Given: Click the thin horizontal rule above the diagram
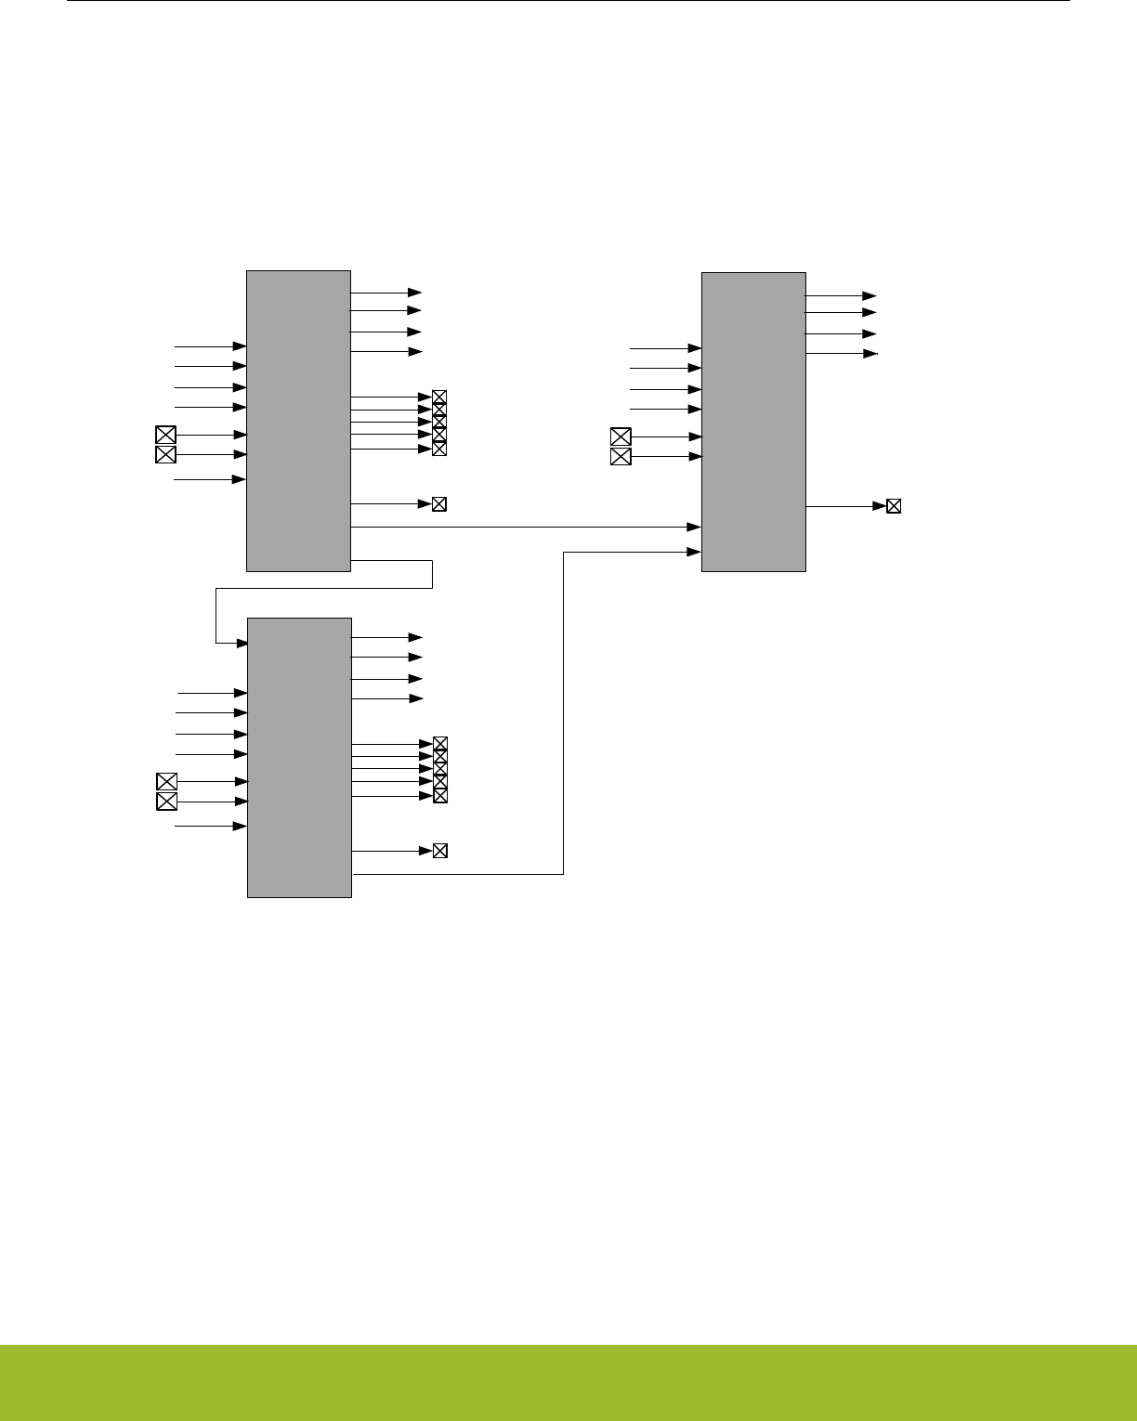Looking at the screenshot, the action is point(568,1).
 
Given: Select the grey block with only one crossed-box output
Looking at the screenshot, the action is point(753,422).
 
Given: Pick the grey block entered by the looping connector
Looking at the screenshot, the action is point(299,757).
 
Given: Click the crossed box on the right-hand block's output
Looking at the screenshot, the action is point(894,506).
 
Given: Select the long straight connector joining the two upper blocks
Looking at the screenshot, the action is point(525,527).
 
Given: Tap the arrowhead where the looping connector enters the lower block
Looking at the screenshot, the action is point(242,643).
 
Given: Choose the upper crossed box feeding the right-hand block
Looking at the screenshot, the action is point(621,437).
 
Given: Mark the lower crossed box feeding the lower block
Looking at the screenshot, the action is point(166,802).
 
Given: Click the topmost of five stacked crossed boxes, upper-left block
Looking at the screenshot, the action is point(439,398).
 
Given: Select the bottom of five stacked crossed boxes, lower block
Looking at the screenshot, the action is point(440,796).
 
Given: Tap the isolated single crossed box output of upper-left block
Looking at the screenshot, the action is point(439,504).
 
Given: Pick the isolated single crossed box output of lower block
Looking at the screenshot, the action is point(440,851).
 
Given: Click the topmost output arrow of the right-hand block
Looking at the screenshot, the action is point(841,296).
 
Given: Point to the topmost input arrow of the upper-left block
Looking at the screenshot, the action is point(210,346).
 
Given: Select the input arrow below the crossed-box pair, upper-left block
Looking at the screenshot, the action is point(210,479).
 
